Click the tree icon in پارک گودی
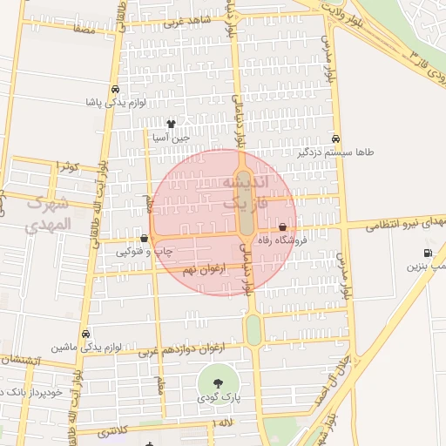pos(216,382)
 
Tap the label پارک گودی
pos(217,399)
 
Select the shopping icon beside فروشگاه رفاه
pos(283,227)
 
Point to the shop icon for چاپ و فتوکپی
pos(144,238)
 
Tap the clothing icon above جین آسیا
pos(170,124)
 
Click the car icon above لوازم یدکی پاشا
pos(116,90)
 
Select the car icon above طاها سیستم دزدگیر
pos(336,139)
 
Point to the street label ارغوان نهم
pos(204,271)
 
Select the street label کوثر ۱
pos(66,166)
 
